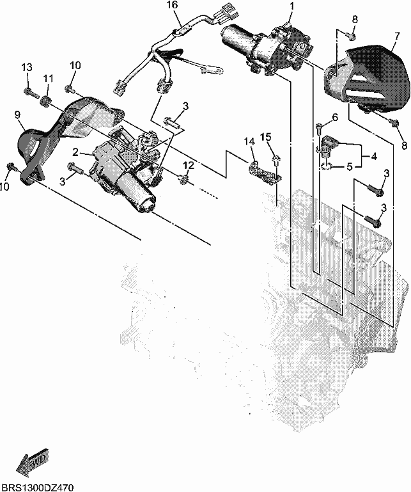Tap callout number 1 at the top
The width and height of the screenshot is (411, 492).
click(x=292, y=5)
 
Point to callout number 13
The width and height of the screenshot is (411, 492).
click(x=27, y=67)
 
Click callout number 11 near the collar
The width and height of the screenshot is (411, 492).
click(x=49, y=78)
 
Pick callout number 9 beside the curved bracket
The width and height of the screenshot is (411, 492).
click(x=17, y=115)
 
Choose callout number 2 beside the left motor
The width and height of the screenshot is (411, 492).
click(x=75, y=152)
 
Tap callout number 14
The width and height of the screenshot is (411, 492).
click(x=250, y=142)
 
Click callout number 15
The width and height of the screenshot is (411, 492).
click(x=265, y=137)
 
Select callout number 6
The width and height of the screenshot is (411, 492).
click(x=335, y=118)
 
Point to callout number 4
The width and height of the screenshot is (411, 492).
click(x=374, y=156)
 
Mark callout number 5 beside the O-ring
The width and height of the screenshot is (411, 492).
click(x=350, y=167)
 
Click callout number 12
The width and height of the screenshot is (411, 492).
click(x=189, y=165)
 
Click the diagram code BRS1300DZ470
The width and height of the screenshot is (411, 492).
click(x=37, y=488)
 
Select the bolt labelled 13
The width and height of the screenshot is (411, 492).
click(x=31, y=93)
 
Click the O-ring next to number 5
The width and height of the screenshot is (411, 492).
click(x=326, y=166)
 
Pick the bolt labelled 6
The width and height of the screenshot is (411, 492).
click(x=319, y=127)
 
